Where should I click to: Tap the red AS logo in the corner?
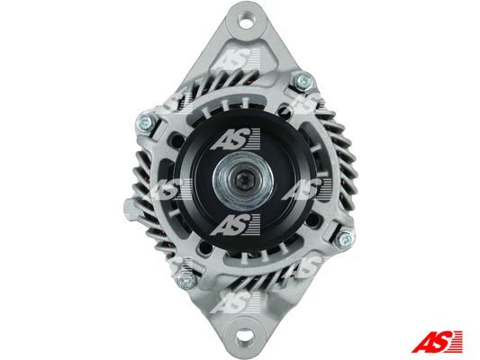pos(437,342)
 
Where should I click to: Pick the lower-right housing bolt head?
pos(344,238)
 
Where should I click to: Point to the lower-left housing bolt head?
pos(185,280)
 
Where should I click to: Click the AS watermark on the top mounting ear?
pos(238,58)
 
